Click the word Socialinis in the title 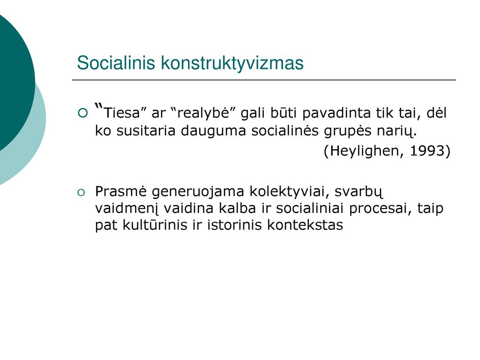pyautogui.click(x=116, y=63)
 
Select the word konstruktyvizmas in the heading pyautogui.click(x=232, y=63)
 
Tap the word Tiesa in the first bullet pyautogui.click(x=122, y=113)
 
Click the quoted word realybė pyautogui.click(x=203, y=113)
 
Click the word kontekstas pyautogui.click(x=305, y=225)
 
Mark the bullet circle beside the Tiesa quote pyautogui.click(x=83, y=113)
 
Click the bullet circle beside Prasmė pyautogui.click(x=81, y=193)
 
